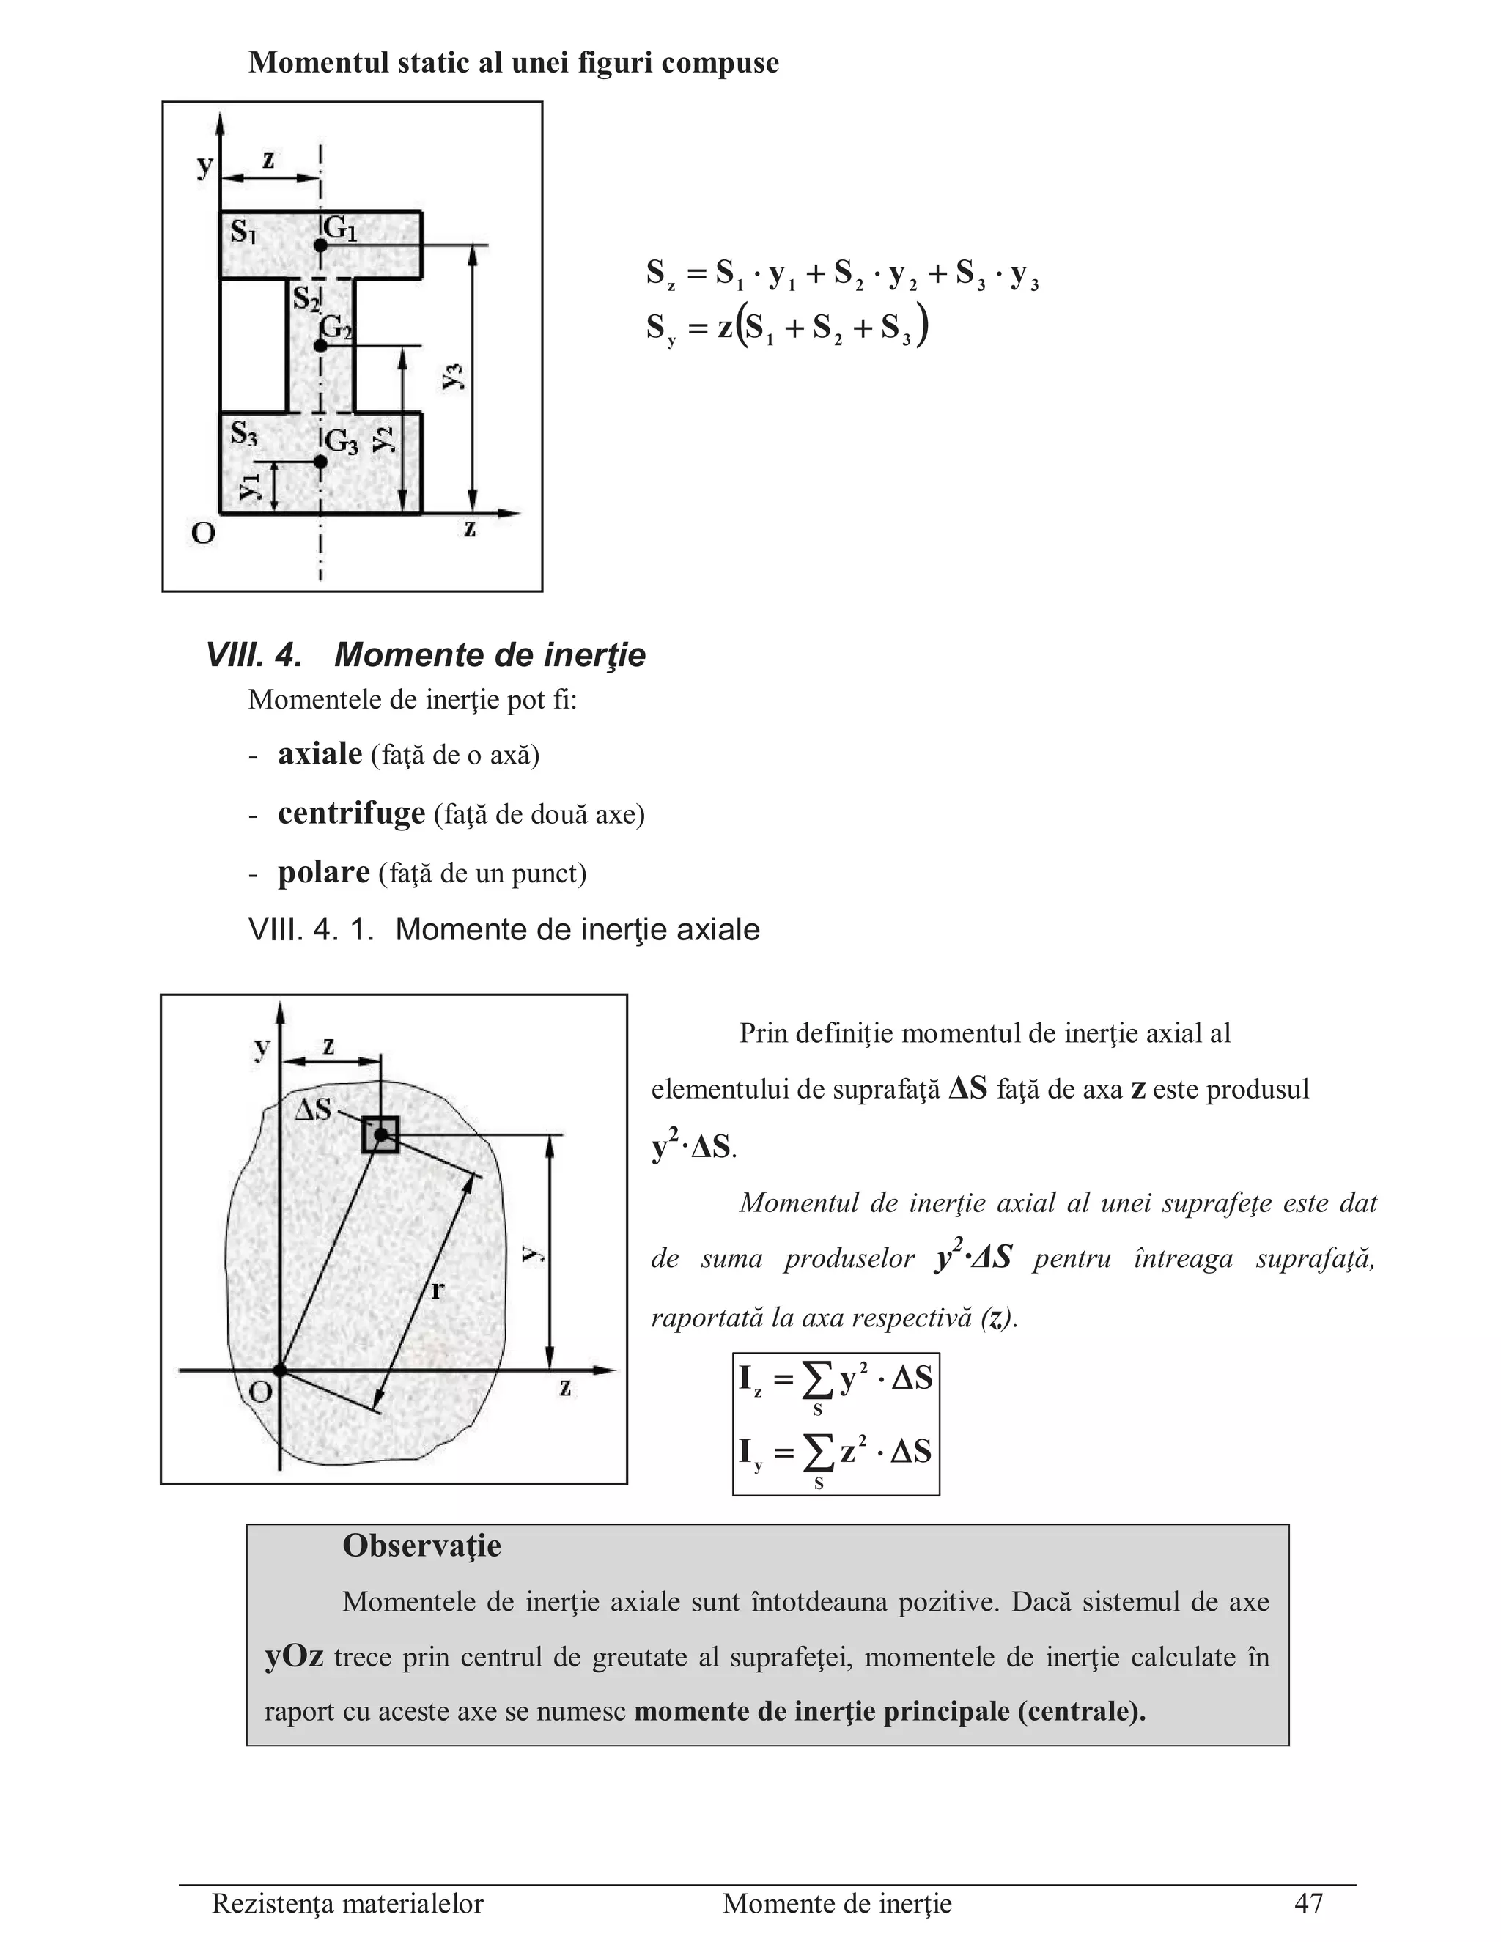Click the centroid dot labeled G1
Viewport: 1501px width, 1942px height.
click(321, 245)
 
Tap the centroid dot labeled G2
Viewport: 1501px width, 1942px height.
click(321, 345)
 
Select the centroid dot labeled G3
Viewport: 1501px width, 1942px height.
click(320, 462)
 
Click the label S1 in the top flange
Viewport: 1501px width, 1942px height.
click(243, 233)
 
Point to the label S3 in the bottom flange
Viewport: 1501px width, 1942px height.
click(243, 434)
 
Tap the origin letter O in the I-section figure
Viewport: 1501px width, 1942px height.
click(204, 534)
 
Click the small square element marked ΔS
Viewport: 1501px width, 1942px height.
click(380, 1134)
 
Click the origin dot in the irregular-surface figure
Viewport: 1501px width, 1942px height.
click(280, 1370)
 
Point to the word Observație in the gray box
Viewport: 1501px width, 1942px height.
click(421, 1546)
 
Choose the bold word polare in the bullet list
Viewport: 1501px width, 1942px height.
click(324, 872)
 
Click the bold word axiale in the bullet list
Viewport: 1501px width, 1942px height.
click(320, 754)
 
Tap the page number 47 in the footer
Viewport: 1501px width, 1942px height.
click(1308, 1903)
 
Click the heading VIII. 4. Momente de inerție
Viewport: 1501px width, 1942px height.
click(425, 655)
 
